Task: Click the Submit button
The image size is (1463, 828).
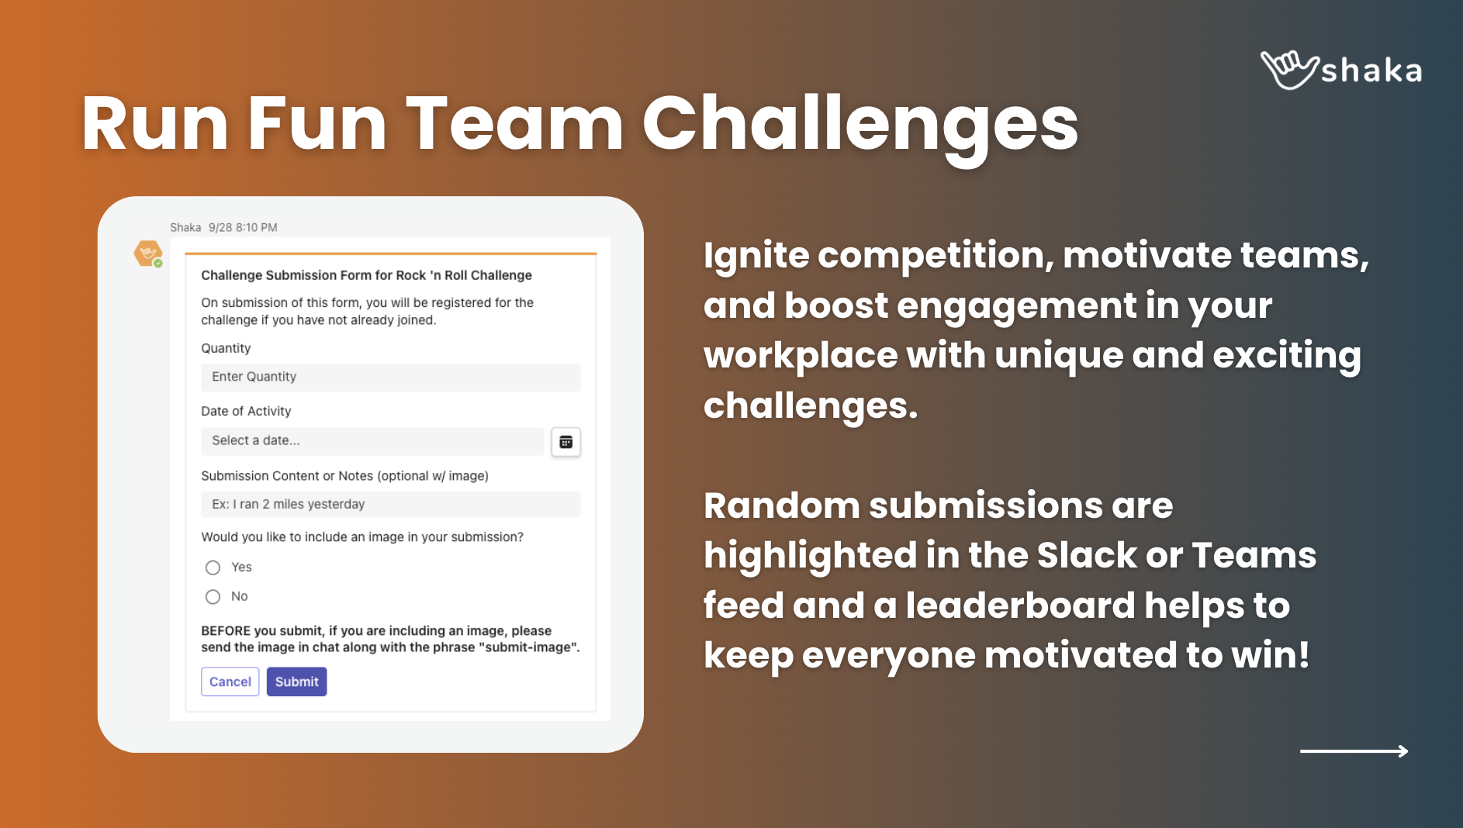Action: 296,681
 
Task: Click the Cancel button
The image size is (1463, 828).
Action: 230,681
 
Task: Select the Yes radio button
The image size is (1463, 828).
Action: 213,568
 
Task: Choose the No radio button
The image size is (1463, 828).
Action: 213,597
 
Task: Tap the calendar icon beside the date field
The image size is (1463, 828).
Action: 566,442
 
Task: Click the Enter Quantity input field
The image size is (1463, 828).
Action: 390,378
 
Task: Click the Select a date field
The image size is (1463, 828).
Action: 372,441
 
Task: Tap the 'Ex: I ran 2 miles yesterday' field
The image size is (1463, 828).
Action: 390,505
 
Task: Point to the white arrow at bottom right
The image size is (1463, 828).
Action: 1354,750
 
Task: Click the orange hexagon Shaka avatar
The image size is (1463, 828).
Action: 147,254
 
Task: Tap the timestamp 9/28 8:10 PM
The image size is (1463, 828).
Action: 243,228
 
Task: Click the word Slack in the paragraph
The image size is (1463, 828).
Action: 1087,555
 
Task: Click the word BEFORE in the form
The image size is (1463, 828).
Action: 226,631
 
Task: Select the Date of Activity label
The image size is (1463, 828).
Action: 246,412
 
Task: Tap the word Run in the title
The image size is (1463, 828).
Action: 155,124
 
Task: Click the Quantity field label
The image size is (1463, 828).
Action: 226,349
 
